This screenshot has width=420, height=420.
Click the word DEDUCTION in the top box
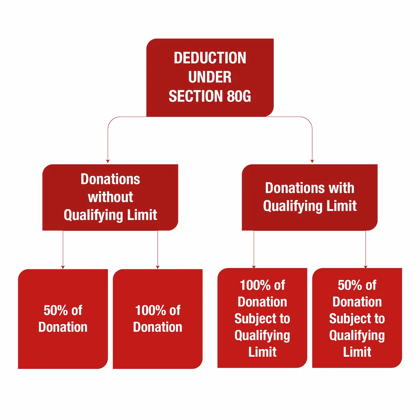pyautogui.click(x=210, y=58)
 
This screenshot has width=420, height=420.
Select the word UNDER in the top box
pyautogui.click(x=210, y=77)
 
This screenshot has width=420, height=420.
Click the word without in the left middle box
pyautogui.click(x=110, y=197)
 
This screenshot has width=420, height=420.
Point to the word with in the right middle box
pyautogui.click(x=340, y=188)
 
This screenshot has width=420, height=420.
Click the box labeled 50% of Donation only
pyautogui.click(x=63, y=319)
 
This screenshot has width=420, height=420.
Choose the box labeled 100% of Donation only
pyautogui.click(x=157, y=319)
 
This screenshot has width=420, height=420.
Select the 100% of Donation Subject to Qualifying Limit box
pyautogui.click(x=262, y=318)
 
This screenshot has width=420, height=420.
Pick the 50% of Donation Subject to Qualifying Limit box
pyautogui.click(x=357, y=318)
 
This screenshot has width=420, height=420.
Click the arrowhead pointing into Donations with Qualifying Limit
pyautogui.click(x=312, y=160)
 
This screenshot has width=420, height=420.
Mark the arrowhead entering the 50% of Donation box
pyautogui.click(x=63, y=267)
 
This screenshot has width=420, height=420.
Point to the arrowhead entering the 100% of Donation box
pyautogui.click(x=157, y=267)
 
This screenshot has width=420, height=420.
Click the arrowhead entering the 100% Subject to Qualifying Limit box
pyautogui.click(x=254, y=266)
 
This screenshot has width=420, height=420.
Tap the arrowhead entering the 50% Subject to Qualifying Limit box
pyautogui.click(x=365, y=266)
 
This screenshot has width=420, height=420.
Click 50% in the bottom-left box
pyautogui.click(x=52, y=310)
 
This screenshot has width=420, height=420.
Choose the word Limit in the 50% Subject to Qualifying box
pyautogui.click(x=357, y=352)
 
